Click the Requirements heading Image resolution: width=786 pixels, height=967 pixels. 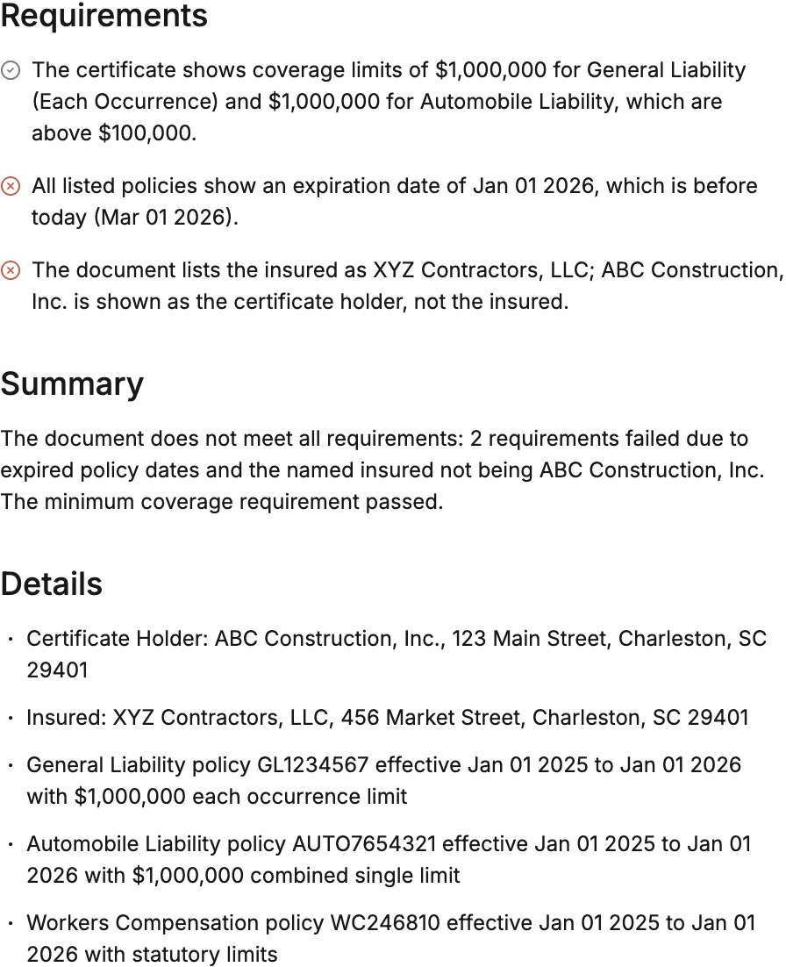pos(104,16)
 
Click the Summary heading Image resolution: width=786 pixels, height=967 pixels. pos(72,384)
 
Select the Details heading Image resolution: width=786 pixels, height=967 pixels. pos(52,584)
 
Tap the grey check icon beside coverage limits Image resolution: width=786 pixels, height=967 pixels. pos(11,70)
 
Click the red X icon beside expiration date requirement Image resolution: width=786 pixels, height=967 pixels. pos(11,186)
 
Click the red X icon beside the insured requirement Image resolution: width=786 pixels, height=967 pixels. pos(11,270)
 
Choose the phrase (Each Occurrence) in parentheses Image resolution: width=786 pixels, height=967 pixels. pos(125,101)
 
